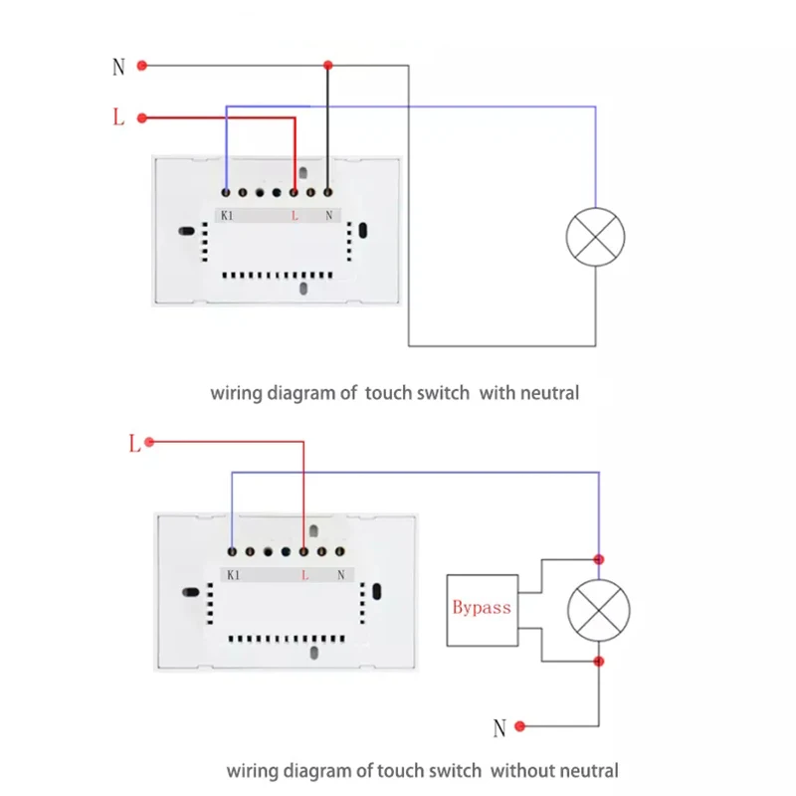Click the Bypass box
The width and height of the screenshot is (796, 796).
(x=483, y=610)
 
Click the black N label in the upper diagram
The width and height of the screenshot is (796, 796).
(x=118, y=67)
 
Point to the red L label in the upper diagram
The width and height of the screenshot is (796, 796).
(x=118, y=116)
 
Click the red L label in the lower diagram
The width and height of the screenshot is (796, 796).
(x=134, y=443)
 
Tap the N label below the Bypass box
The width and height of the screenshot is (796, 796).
(x=499, y=728)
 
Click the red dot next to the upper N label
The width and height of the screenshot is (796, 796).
(x=142, y=66)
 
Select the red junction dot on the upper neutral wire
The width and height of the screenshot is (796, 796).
(x=328, y=65)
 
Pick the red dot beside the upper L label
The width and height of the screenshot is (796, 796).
(x=142, y=118)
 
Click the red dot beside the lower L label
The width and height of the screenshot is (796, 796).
(x=149, y=442)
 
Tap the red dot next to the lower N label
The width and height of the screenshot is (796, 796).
(x=519, y=726)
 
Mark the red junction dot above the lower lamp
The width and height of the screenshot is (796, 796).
(x=599, y=559)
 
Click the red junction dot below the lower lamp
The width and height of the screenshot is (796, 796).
(x=599, y=661)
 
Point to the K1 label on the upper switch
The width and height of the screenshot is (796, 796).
(x=227, y=216)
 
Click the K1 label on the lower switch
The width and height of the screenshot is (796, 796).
(x=234, y=575)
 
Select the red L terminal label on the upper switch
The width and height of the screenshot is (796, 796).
(x=295, y=216)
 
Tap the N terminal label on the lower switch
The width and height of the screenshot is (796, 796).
(x=341, y=575)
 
